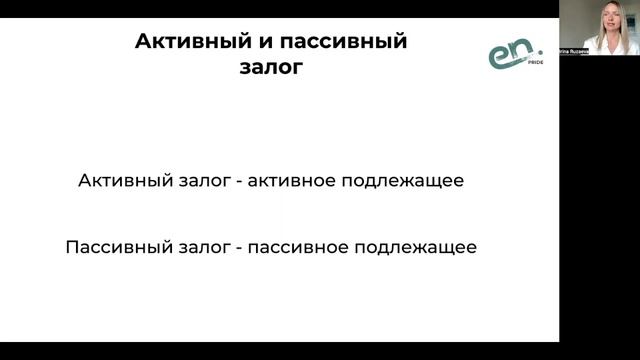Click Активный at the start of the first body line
pos(117,182)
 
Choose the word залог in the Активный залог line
pos(192,182)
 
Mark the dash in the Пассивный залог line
pos(233,246)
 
